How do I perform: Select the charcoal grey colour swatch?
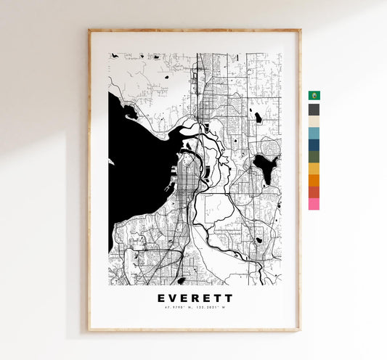click(x=314, y=110)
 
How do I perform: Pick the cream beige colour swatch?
click(x=314, y=121)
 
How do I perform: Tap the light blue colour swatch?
click(x=314, y=133)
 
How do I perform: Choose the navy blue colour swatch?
click(x=314, y=144)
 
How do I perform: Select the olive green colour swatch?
click(x=314, y=156)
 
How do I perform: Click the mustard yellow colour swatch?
click(x=314, y=168)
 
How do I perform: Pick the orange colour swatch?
click(x=314, y=180)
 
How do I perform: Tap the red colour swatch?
click(x=314, y=192)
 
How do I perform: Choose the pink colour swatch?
click(x=314, y=204)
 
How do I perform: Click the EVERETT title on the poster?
click(x=195, y=298)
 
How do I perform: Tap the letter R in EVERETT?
click(x=196, y=298)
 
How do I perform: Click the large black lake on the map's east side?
click(x=264, y=168)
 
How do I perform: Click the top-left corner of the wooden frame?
click(x=89, y=30)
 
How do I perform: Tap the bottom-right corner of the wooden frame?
click(x=299, y=330)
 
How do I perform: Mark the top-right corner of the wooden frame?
click(x=299, y=30)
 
